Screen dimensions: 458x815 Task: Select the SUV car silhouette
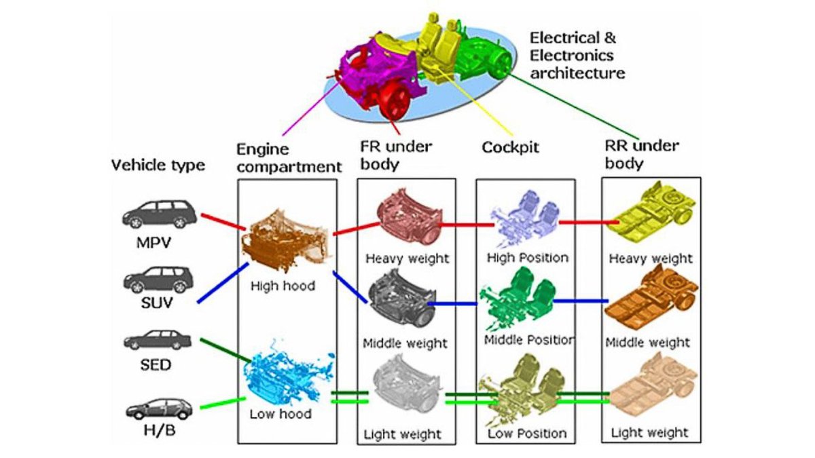[158, 278]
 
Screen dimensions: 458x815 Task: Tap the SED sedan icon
[158, 341]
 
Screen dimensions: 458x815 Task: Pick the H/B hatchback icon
[158, 408]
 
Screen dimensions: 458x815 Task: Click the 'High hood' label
[283, 286]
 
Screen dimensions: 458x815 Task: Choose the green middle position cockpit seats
[518, 299]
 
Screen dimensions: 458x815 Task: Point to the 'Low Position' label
[527, 433]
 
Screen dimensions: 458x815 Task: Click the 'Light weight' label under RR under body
[650, 432]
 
